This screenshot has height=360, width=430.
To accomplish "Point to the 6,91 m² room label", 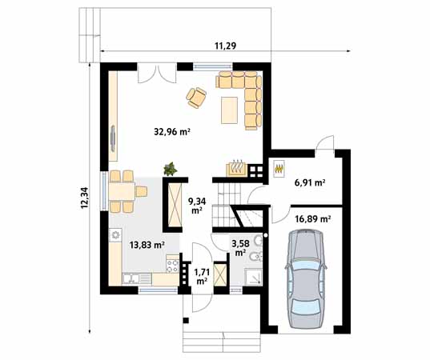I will click(309, 183).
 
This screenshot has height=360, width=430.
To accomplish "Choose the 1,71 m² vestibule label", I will click(201, 277).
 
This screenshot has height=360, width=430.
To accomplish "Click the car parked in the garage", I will click(305, 279).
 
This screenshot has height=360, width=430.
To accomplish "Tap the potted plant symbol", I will click(170, 169).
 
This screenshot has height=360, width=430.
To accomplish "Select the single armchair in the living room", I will click(197, 97).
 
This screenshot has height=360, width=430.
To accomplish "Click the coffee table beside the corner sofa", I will click(231, 109).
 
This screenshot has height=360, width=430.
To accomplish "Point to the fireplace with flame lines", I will click(237, 168).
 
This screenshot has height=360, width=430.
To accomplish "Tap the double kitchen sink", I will click(133, 278).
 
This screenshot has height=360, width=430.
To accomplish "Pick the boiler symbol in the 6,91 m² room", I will click(279, 169).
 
